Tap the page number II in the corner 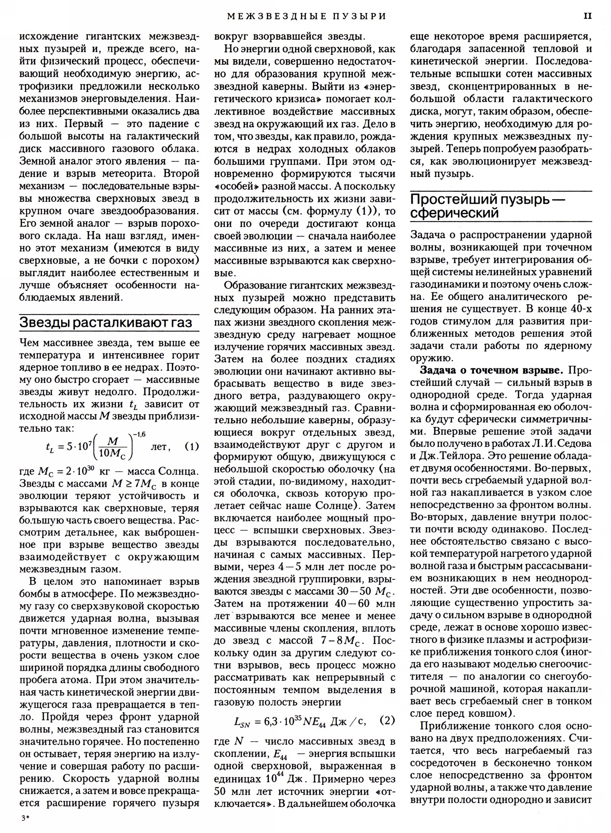pyautogui.click(x=587, y=16)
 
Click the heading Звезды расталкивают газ pyautogui.click(x=106, y=323)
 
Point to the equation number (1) pyautogui.click(x=192, y=446)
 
